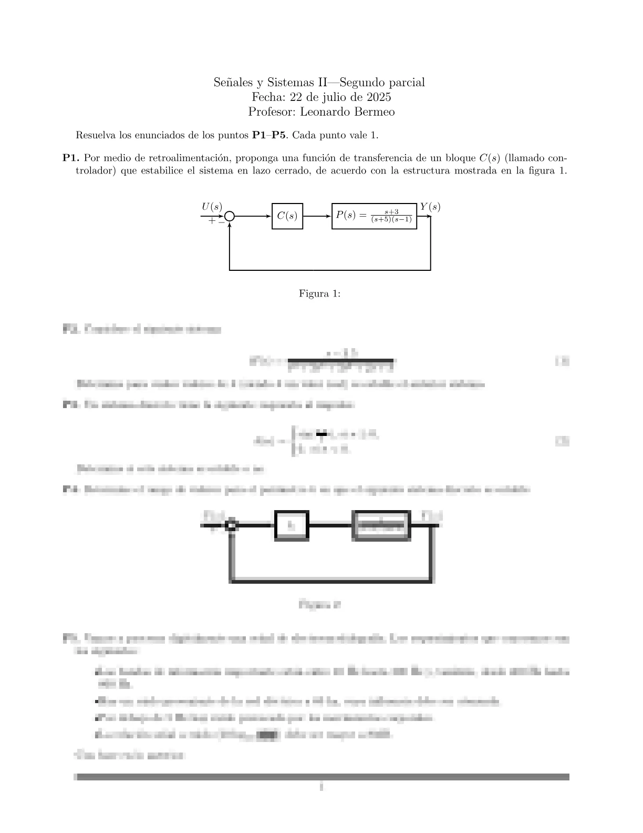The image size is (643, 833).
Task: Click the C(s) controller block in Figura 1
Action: click(287, 216)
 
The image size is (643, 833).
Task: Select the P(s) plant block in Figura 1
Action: click(374, 216)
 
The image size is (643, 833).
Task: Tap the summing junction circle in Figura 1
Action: click(230, 216)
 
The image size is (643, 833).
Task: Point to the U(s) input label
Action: click(212, 207)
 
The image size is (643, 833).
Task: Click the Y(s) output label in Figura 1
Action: click(430, 207)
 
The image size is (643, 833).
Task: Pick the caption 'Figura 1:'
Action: click(319, 293)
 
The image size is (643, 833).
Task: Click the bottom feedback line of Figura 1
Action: click(330, 270)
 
